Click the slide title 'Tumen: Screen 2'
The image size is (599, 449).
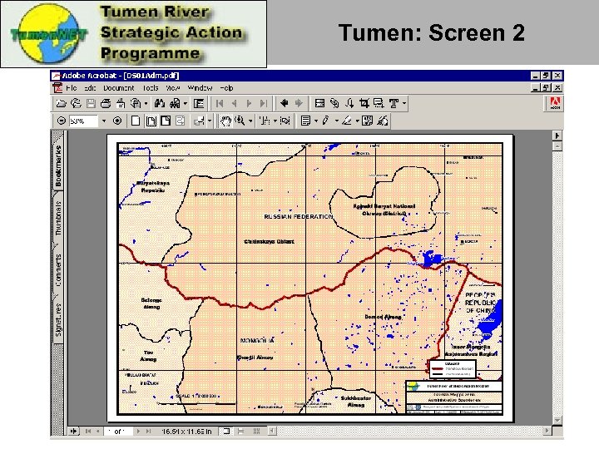tap(432, 33)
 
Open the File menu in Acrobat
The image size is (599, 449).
tap(72, 87)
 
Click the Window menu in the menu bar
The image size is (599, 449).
tap(200, 87)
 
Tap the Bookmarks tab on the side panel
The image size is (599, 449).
tap(57, 165)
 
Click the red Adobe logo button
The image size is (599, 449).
tap(554, 104)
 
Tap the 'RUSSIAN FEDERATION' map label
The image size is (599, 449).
tap(298, 216)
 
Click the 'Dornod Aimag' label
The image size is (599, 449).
tap(383, 318)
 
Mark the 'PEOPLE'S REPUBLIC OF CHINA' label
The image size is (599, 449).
tap(480, 303)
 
